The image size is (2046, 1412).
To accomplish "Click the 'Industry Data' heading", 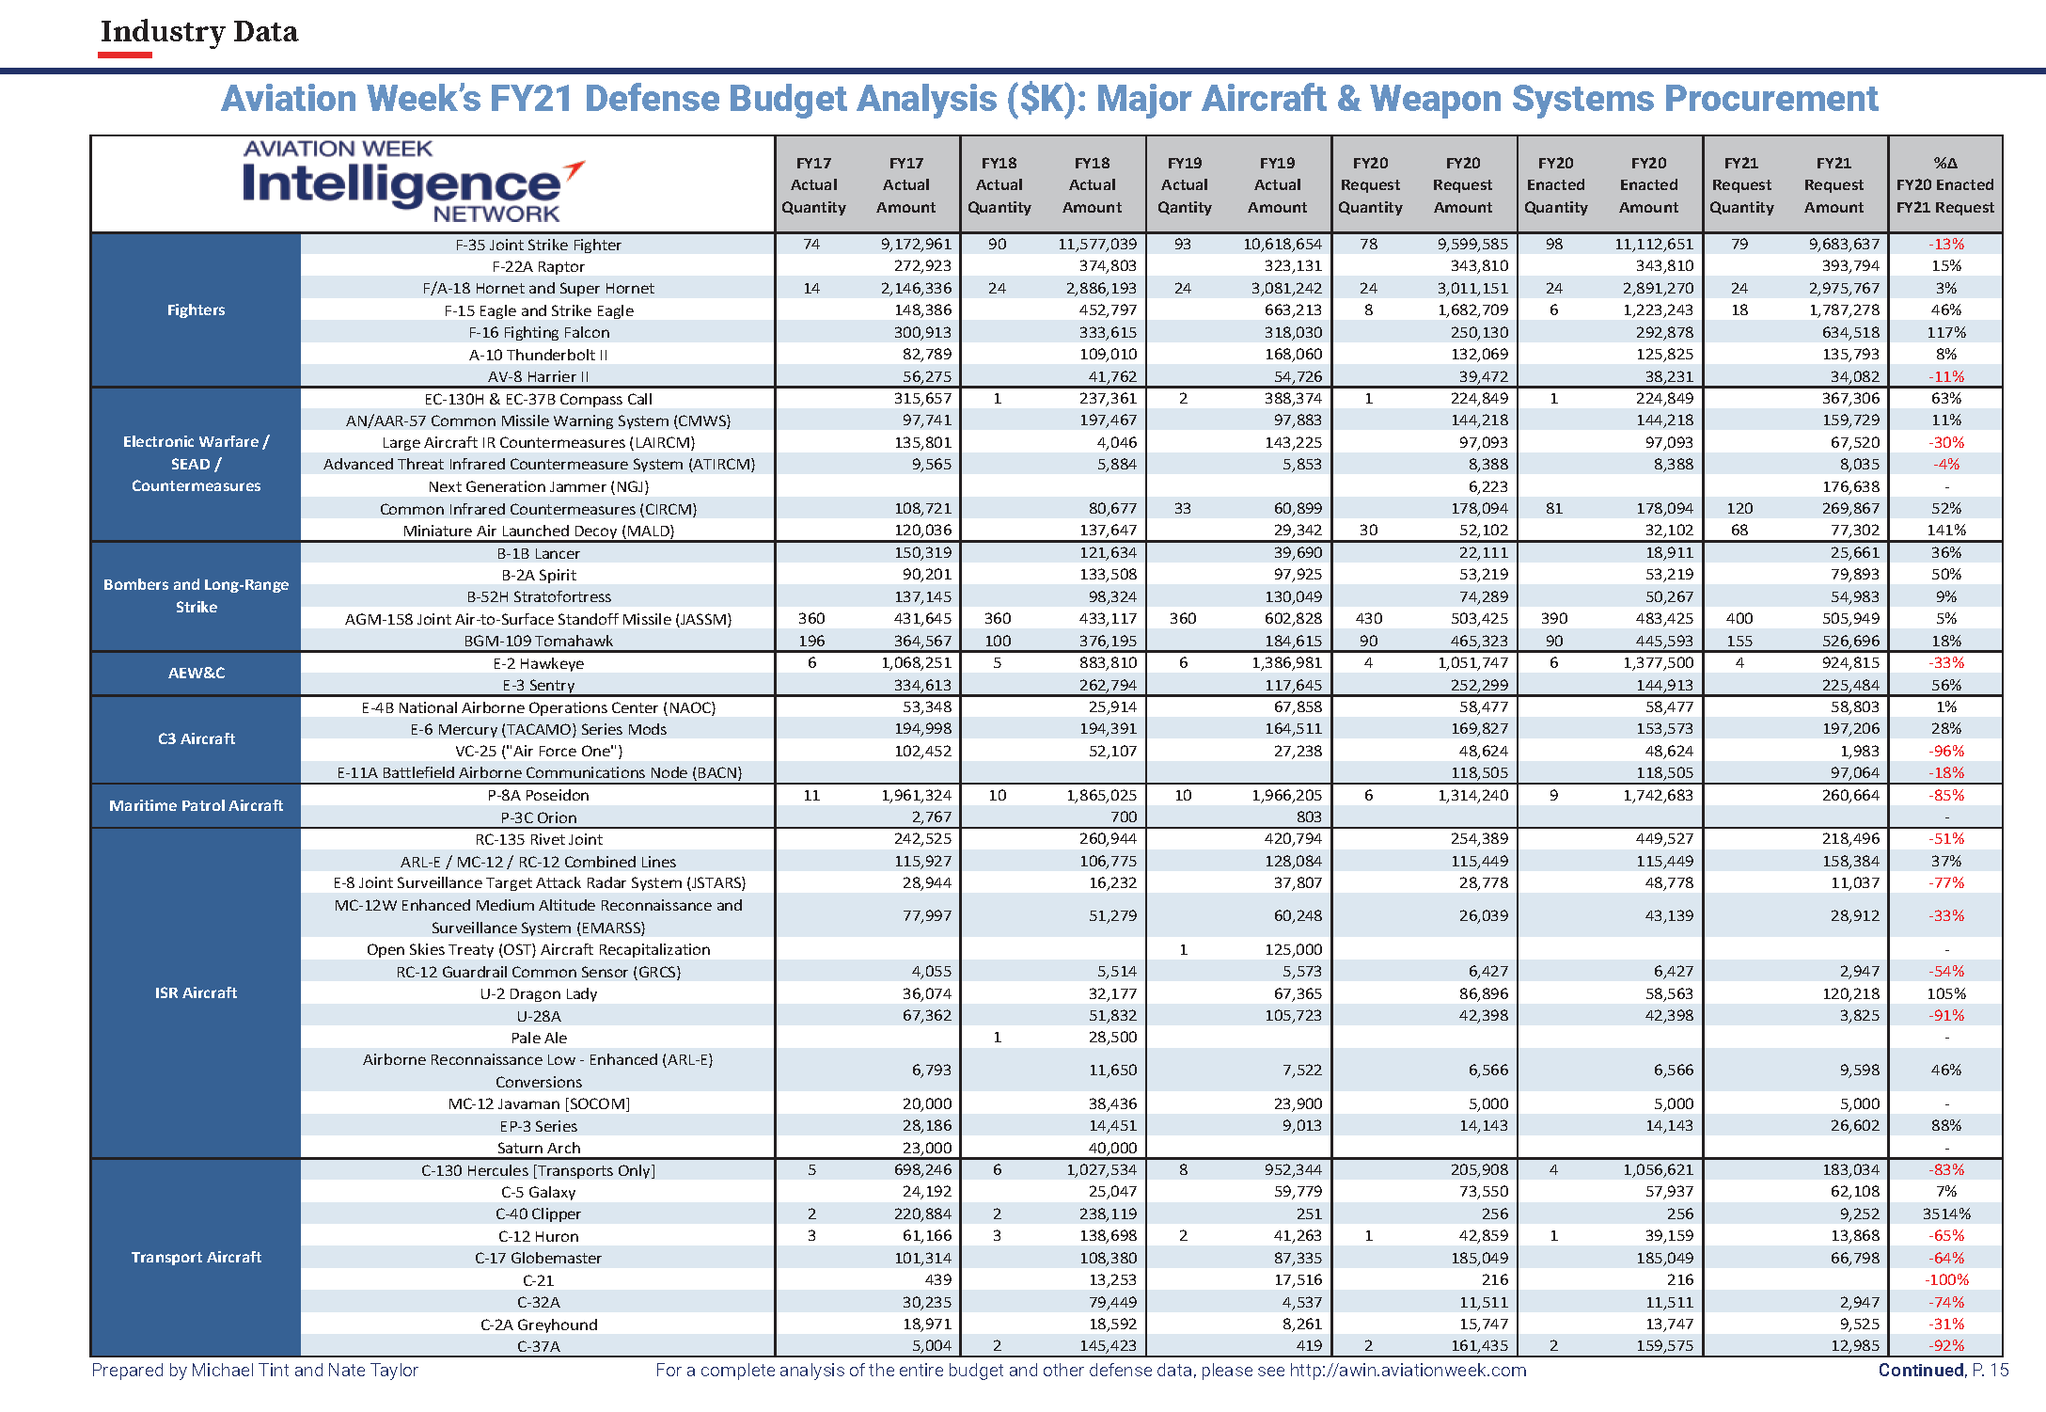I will click(198, 32).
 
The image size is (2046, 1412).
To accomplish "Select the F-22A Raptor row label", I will click(538, 266).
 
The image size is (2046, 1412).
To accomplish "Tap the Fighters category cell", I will click(196, 309).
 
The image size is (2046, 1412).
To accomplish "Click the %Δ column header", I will click(1944, 184).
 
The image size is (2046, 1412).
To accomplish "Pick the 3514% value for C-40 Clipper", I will click(1945, 1214).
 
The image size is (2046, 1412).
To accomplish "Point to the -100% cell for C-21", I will click(1945, 1279).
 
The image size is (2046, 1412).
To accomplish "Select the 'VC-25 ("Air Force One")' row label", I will click(538, 751).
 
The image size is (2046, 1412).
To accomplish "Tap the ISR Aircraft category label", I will click(196, 992).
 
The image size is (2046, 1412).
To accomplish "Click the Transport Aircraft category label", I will click(196, 1257).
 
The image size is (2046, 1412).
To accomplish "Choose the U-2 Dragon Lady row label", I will click(538, 993).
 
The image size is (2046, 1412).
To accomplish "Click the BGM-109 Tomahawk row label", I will click(538, 641).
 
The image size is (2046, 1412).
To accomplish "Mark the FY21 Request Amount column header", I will click(1833, 184).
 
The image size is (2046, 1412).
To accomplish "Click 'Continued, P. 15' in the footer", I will click(1943, 1370).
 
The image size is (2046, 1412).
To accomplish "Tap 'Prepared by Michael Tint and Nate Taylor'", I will click(255, 1370).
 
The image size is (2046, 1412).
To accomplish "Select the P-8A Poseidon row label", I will click(538, 795).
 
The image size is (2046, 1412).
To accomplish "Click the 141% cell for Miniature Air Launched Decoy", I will click(1945, 530).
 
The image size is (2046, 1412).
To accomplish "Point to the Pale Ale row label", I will click(538, 1038).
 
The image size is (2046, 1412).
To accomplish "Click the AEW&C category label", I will click(196, 673).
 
